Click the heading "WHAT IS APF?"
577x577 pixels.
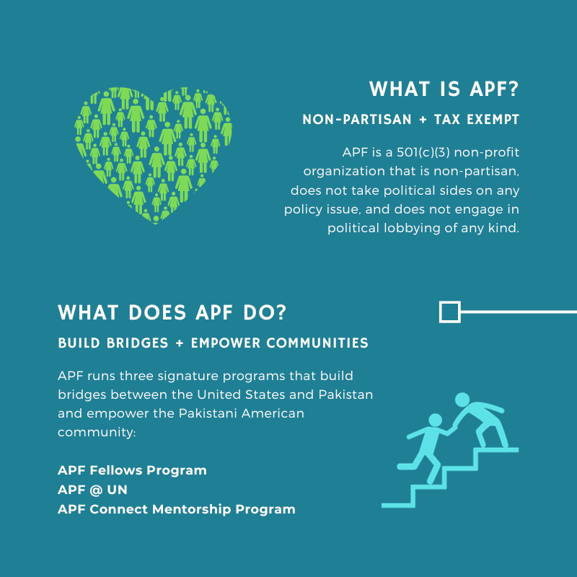pyautogui.click(x=444, y=89)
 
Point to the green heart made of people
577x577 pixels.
pyautogui.click(x=155, y=148)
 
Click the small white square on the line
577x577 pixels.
pyautogui.click(x=449, y=312)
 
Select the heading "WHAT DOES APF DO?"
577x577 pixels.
pyautogui.click(x=172, y=313)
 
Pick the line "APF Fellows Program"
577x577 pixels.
pyautogui.click(x=132, y=470)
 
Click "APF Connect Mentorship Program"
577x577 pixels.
pyautogui.click(x=177, y=509)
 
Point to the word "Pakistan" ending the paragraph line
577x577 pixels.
pyautogui.click(x=346, y=396)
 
